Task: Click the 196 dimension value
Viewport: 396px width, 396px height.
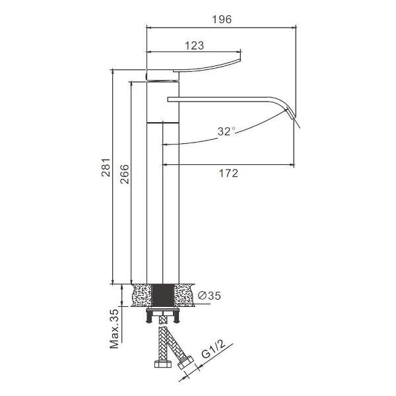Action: tap(222, 19)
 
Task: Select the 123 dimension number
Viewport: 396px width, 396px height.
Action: tap(194, 46)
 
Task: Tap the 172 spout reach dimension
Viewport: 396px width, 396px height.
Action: tap(228, 173)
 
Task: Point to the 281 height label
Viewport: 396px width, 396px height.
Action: tap(106, 168)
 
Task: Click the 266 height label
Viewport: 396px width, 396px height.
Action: tap(124, 174)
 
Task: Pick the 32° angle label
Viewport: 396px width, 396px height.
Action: tap(226, 131)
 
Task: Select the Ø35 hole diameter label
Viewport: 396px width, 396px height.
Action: tap(209, 295)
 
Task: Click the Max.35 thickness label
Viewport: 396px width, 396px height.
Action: tap(114, 329)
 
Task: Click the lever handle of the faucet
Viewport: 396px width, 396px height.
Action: tap(207, 67)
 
